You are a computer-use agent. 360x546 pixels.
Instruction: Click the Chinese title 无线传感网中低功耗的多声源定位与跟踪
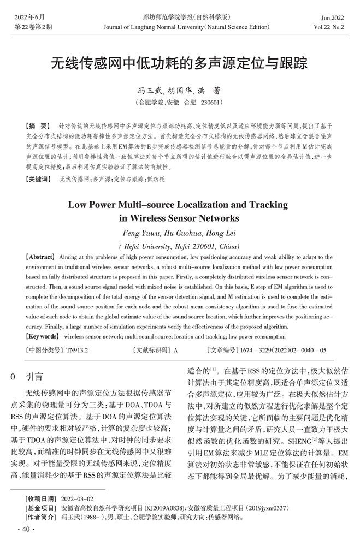(179, 64)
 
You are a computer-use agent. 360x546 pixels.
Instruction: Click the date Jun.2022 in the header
(333, 17)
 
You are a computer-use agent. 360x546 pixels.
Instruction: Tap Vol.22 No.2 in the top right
(329, 27)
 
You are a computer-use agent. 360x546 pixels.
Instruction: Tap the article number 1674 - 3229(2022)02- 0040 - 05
(291, 350)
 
